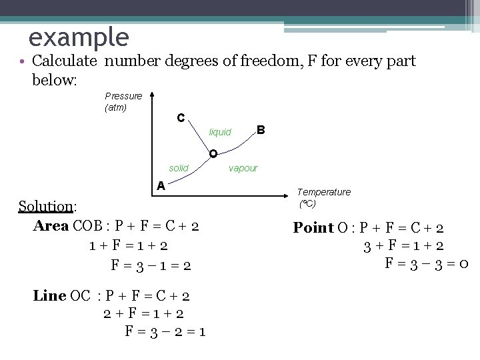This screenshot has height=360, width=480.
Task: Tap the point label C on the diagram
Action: (181, 118)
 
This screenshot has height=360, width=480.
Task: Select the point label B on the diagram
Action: (261, 129)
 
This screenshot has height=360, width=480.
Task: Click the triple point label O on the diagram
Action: (212, 155)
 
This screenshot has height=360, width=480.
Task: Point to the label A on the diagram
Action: (161, 186)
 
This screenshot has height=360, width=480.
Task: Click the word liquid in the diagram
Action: (220, 133)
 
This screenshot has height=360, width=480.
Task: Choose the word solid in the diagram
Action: (179, 168)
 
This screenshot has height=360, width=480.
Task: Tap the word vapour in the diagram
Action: (243, 168)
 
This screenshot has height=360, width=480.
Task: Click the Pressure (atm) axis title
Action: (123, 101)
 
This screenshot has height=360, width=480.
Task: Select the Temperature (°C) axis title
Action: (323, 197)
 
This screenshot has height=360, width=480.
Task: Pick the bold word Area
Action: (50, 225)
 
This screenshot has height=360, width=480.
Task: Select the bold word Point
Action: (313, 228)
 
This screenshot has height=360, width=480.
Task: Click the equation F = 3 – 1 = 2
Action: (151, 265)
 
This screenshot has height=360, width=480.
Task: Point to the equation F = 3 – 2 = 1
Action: (165, 331)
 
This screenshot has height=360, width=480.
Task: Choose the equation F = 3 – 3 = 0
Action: (427, 263)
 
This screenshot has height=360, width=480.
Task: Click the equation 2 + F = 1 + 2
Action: (143, 313)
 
